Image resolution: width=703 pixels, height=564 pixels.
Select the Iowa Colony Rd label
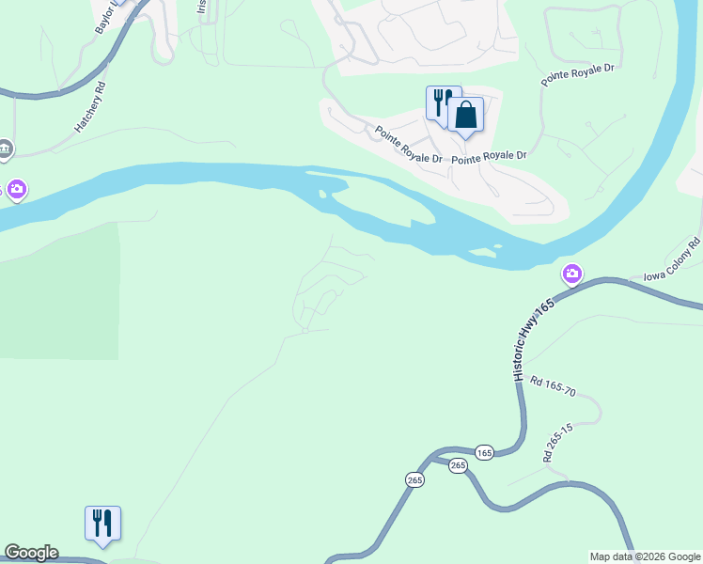point(673,259)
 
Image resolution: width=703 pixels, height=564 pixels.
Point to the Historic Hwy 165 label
point(533,339)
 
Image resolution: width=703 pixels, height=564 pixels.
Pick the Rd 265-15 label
point(557,441)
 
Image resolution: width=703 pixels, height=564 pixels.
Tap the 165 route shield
point(484,452)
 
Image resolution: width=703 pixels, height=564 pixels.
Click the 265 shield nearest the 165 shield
point(458,465)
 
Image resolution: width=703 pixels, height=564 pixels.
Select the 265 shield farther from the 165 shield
point(415,479)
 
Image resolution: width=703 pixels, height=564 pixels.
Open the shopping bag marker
point(465,117)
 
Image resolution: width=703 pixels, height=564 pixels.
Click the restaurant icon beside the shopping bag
point(440,102)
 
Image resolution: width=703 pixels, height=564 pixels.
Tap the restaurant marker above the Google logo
point(102,523)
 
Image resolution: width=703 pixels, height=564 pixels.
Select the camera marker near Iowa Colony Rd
point(571,274)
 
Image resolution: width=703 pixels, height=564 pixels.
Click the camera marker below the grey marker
point(16,191)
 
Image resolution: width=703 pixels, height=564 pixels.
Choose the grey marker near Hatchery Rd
point(5,149)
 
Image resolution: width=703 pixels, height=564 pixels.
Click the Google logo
point(31,553)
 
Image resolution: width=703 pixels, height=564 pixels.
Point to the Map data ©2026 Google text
point(645,556)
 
